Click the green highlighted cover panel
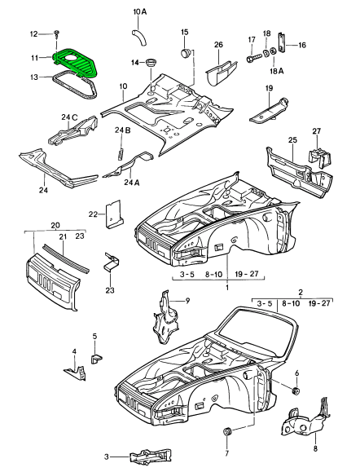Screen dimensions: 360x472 point(74,62)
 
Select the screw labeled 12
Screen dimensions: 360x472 point(57,33)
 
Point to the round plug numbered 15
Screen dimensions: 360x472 point(186,53)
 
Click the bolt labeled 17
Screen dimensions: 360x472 point(252,58)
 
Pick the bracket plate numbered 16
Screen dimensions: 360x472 point(282,42)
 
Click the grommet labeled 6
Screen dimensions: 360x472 point(296,391)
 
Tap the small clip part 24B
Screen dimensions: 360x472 point(121,153)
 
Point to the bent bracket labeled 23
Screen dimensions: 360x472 point(111,262)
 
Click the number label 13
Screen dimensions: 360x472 point(34,77)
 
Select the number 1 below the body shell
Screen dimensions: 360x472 point(227,287)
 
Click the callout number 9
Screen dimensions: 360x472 point(187,301)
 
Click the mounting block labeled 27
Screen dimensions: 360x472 point(320,158)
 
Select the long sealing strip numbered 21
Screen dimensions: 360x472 point(66,258)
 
